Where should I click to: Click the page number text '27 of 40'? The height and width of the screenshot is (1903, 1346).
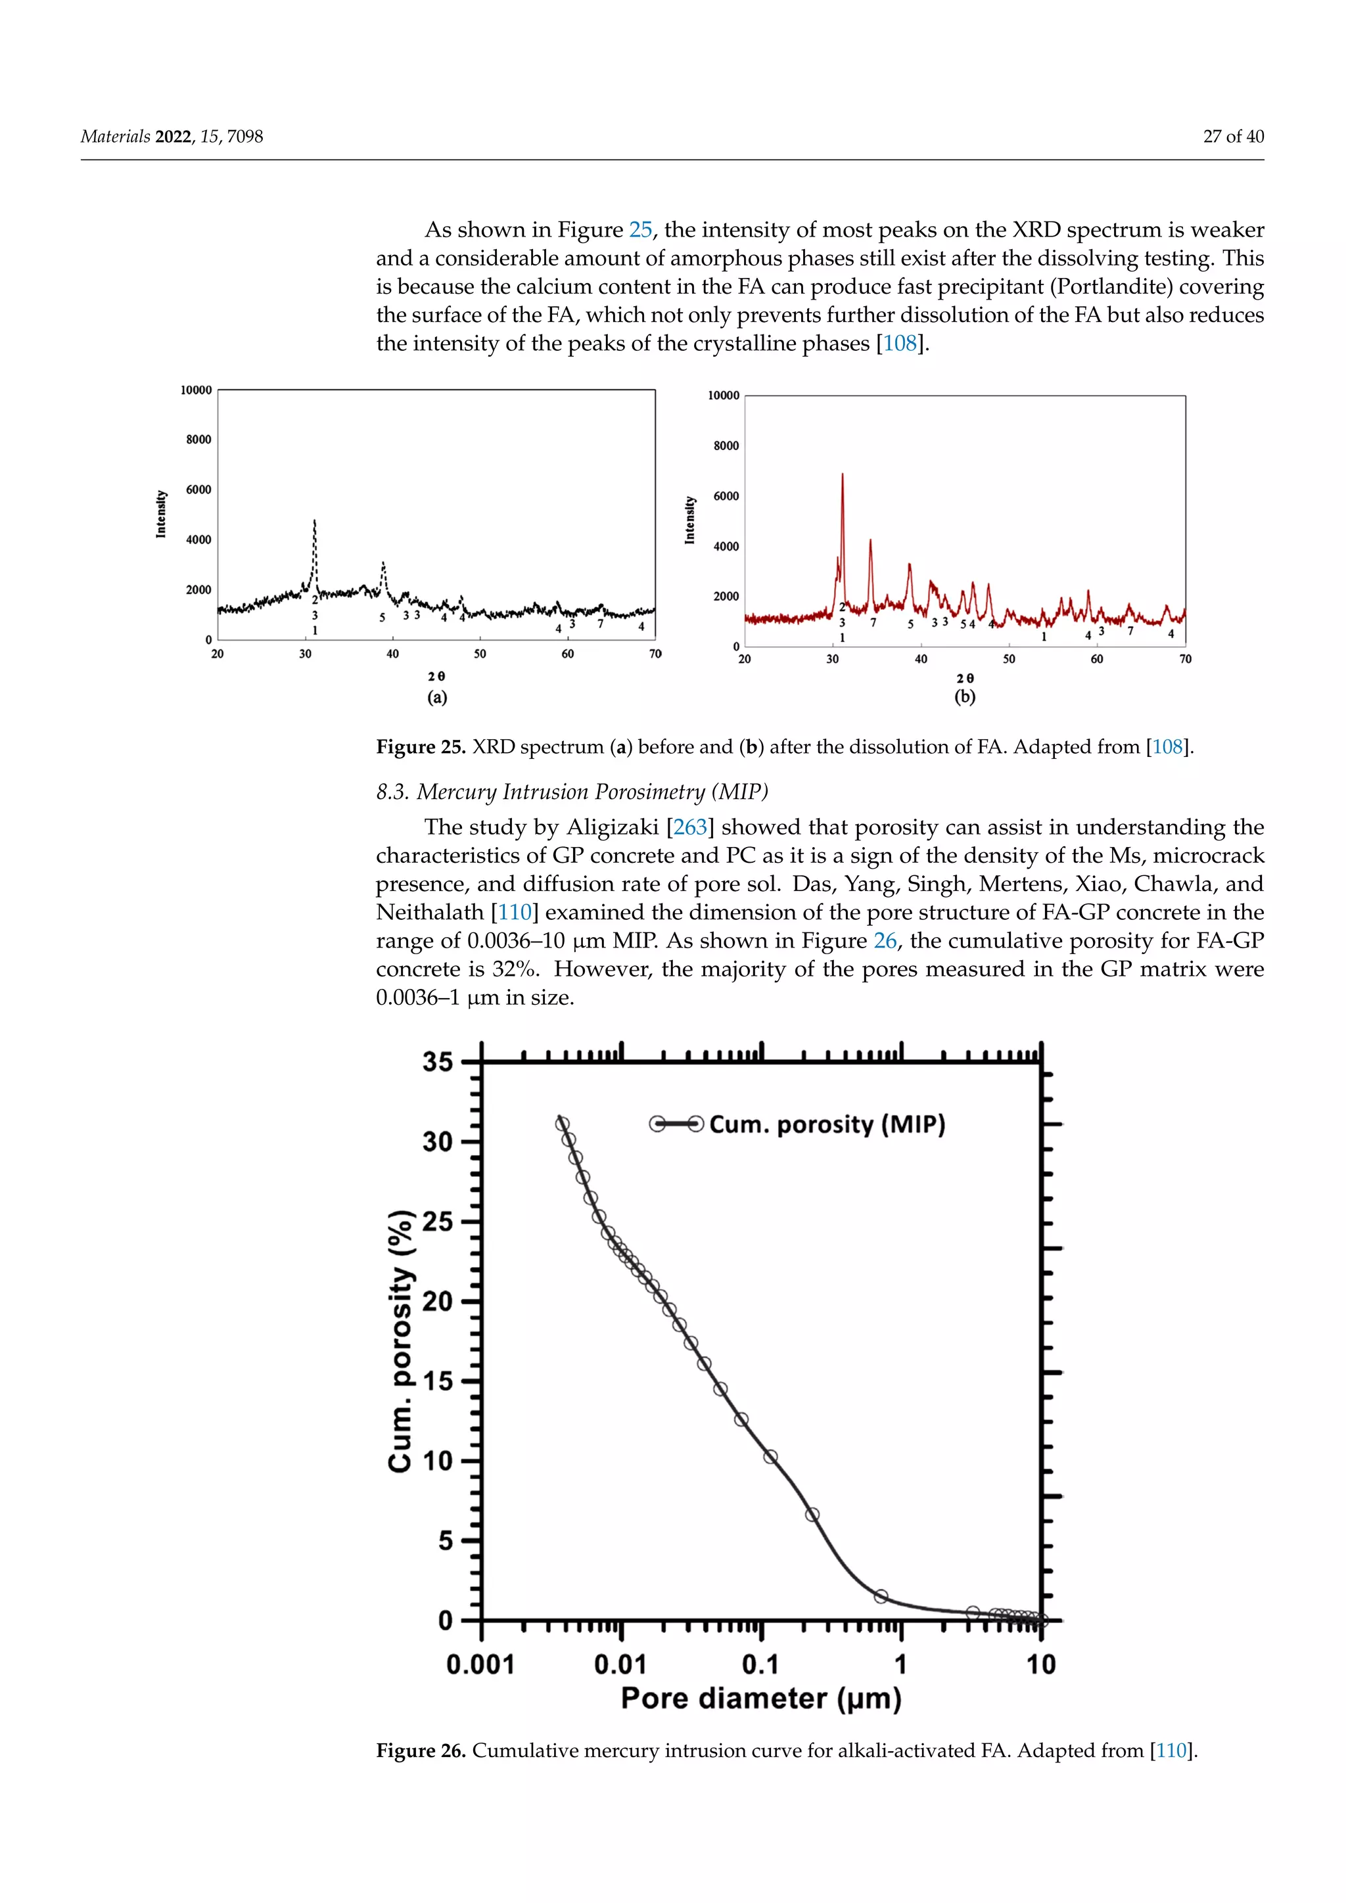click(1232, 137)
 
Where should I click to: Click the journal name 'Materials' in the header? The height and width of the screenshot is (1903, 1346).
click(115, 137)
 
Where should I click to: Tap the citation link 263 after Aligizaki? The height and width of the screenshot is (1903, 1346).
click(689, 827)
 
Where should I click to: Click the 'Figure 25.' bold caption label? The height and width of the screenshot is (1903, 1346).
click(421, 746)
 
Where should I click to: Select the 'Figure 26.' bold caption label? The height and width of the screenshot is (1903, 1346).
click(421, 1751)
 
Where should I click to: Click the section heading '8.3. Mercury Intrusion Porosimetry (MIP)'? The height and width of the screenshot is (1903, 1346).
click(572, 792)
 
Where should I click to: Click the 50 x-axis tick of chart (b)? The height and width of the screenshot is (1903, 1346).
click(1009, 660)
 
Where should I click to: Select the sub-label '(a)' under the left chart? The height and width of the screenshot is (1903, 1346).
click(437, 697)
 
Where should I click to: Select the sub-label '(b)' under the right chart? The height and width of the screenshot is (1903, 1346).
click(965, 697)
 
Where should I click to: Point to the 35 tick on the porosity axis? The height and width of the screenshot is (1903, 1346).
click(438, 1062)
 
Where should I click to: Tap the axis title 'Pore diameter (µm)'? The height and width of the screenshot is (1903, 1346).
click(761, 1698)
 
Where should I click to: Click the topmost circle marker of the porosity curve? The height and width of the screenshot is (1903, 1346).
click(562, 1124)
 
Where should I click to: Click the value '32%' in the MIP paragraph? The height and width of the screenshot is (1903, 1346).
click(515, 969)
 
